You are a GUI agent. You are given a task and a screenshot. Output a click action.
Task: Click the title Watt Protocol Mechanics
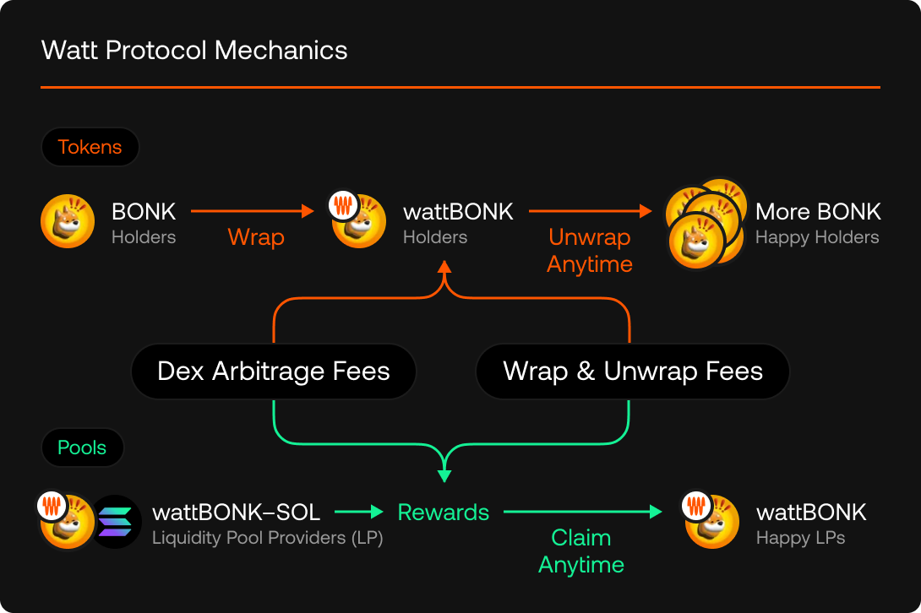click(194, 50)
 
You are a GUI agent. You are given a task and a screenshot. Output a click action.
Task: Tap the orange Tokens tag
click(90, 147)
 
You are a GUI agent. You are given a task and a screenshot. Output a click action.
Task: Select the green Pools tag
click(82, 448)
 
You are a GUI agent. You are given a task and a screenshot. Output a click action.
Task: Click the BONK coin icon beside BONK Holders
click(68, 222)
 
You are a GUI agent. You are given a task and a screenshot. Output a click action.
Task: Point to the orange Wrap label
click(256, 237)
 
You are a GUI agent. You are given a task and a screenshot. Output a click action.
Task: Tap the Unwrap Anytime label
click(590, 251)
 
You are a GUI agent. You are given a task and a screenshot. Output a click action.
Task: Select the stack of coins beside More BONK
click(703, 222)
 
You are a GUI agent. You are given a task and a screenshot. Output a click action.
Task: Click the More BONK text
click(818, 211)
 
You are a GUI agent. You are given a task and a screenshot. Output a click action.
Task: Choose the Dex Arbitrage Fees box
click(274, 372)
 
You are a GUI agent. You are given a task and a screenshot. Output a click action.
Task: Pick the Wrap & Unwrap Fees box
click(633, 372)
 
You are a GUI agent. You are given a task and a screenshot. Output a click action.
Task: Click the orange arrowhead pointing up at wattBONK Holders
click(444, 268)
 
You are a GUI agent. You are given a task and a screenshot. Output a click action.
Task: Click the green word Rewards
click(444, 513)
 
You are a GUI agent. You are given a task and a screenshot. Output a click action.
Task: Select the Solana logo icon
click(116, 521)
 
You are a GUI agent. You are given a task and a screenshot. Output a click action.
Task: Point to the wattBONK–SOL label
click(237, 512)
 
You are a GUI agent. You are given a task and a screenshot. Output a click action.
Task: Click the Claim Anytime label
click(581, 551)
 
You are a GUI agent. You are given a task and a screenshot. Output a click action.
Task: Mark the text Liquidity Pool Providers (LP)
click(268, 538)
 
